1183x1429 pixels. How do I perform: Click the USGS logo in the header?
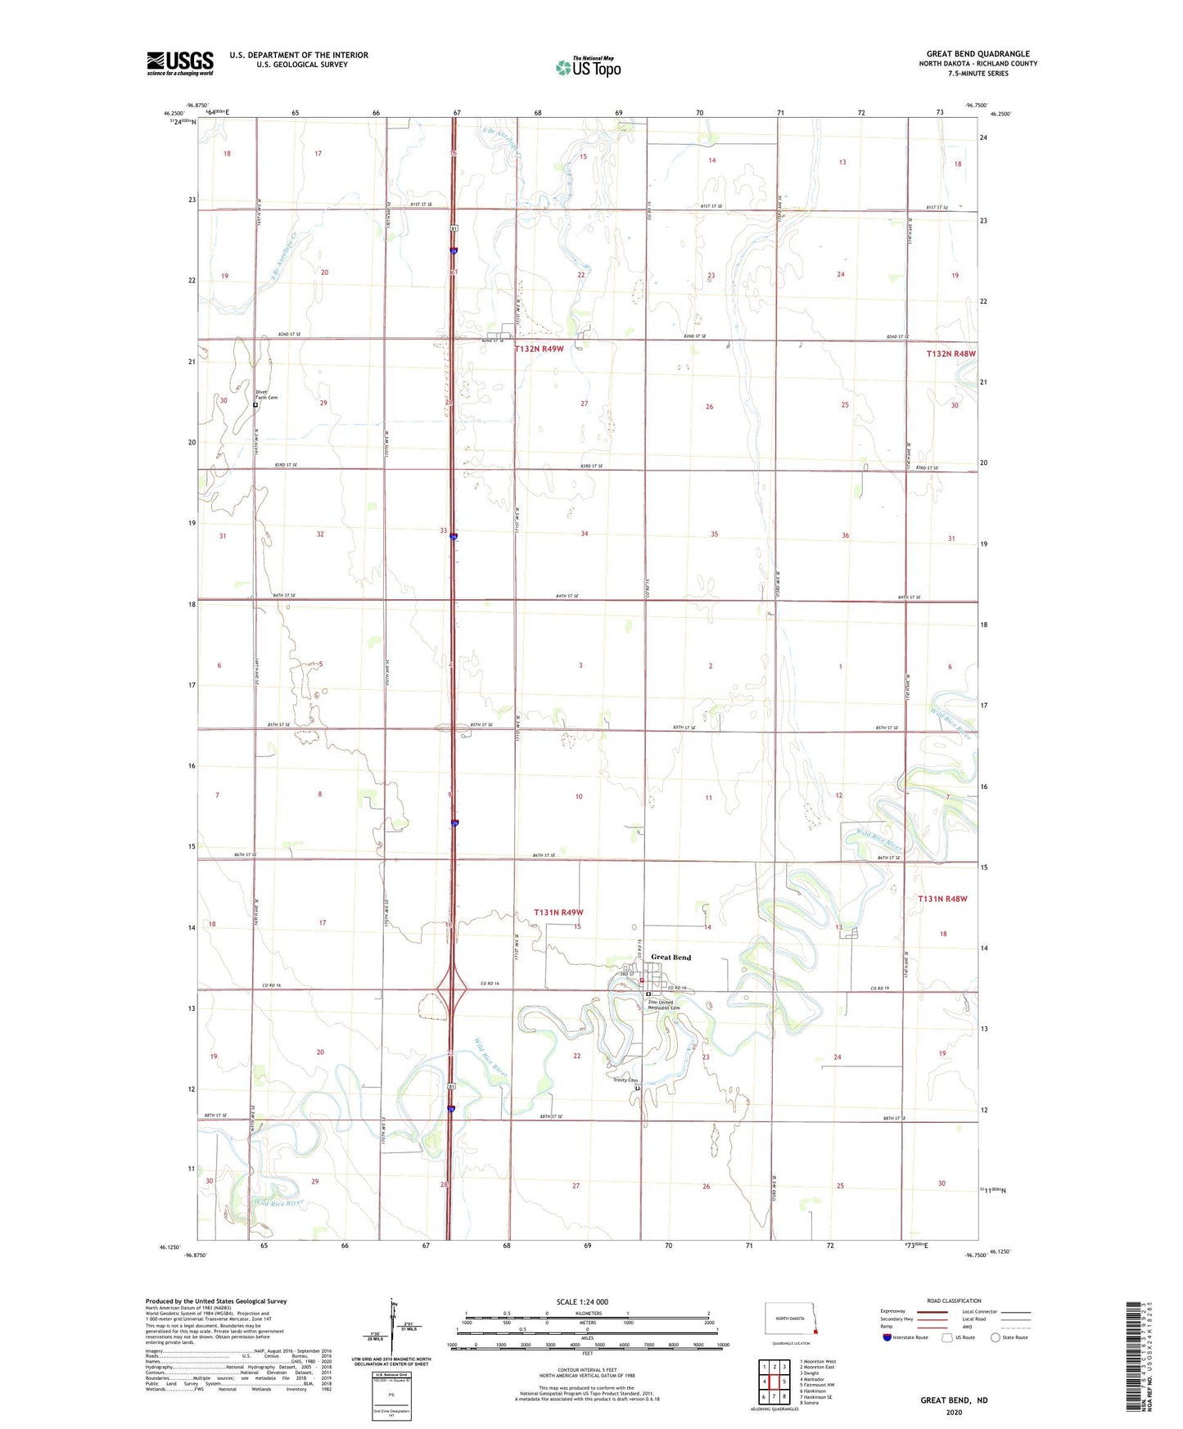[180, 63]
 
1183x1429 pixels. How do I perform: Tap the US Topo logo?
[588, 67]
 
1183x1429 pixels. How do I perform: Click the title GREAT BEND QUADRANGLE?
[978, 53]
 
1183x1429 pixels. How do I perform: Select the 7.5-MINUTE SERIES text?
[978, 74]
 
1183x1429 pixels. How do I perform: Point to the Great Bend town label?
[671, 957]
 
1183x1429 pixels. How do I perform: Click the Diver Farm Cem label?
[266, 394]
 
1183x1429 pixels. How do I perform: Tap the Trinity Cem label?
[625, 1080]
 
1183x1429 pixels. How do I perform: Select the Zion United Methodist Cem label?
[664, 1005]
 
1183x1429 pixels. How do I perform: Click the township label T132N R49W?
[540, 349]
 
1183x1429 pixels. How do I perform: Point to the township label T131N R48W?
[942, 899]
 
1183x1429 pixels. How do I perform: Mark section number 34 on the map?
[584, 534]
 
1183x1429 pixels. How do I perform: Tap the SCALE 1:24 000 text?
[582, 1302]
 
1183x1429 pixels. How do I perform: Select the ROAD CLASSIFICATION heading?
[954, 1301]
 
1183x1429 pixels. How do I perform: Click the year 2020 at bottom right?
[954, 1412]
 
